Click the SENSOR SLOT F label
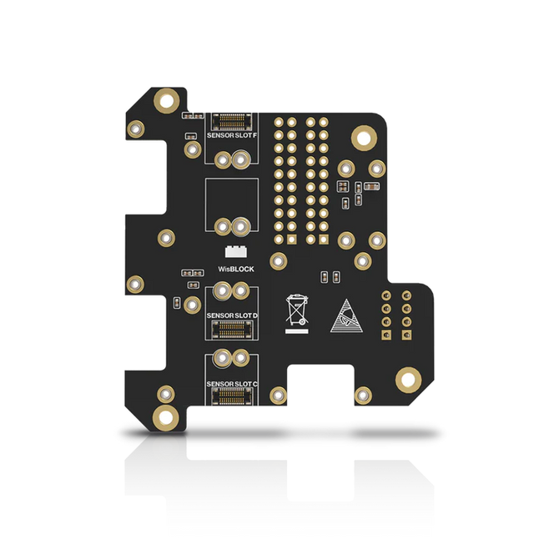(231, 134)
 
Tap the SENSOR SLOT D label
(231, 315)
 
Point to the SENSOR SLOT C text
(231, 384)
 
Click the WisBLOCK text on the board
(235, 270)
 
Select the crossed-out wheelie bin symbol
(297, 310)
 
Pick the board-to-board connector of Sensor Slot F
(232, 120)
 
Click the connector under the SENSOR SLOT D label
(232, 330)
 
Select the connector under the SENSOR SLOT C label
(232, 398)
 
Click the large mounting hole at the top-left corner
(168, 102)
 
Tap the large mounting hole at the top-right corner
(365, 137)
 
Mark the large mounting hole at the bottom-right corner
(408, 380)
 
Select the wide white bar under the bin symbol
(297, 331)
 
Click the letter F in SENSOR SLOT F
(254, 134)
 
